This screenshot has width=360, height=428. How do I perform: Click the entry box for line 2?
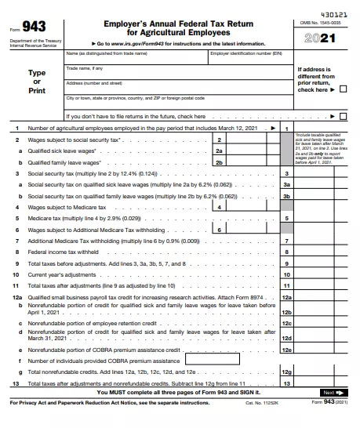(247, 139)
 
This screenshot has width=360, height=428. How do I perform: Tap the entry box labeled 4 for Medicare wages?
(247, 207)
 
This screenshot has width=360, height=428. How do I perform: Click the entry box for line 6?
(247, 230)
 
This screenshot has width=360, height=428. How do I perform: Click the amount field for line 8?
(322, 252)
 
